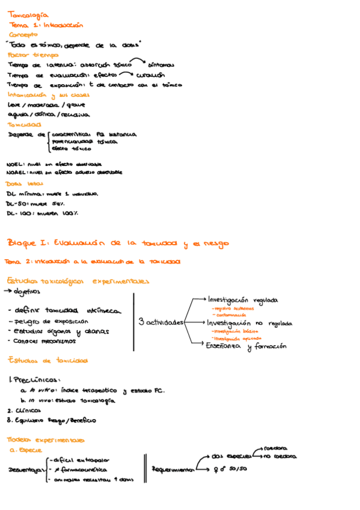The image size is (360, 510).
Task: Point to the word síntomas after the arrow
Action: pos(160,64)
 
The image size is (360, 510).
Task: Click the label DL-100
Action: pos(19,213)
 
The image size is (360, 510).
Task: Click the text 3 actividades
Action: pos(161,322)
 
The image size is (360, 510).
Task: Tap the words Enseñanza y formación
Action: pos(246,346)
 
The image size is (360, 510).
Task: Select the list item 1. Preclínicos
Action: pos(35,379)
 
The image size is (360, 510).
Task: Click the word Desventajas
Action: pos(26,469)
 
